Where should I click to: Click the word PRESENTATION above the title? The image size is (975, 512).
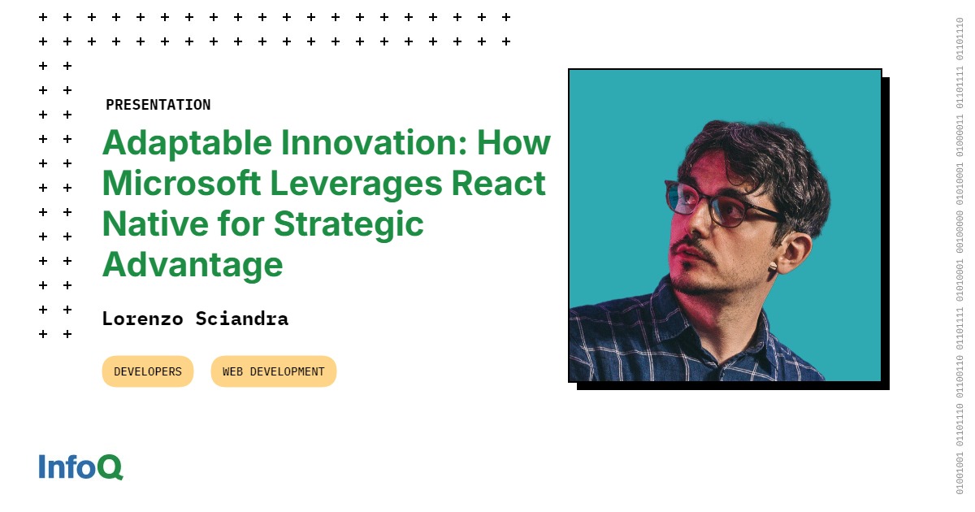coord(158,105)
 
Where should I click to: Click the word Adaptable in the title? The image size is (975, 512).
coord(187,143)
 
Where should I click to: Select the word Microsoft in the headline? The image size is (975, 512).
coord(181,184)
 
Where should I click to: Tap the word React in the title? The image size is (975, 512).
coord(498,184)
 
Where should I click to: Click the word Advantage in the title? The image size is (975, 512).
coord(193,265)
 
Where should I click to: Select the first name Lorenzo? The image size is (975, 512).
coord(143,319)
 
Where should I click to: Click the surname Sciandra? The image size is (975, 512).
coord(242,319)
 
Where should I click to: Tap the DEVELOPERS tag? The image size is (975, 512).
coord(148,371)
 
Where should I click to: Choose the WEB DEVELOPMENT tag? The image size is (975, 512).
coord(274,371)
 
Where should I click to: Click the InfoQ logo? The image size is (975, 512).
coord(81,466)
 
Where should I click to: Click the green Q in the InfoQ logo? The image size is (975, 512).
coord(110,467)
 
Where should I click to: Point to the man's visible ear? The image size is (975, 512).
coord(793,253)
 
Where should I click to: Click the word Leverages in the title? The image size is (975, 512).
coord(356,184)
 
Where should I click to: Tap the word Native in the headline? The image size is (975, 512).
coord(155,223)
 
